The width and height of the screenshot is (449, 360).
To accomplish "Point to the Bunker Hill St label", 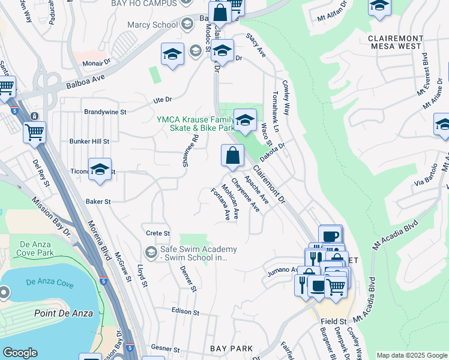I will point(89,142).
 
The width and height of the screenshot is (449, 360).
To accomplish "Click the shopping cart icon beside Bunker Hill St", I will point(34,131).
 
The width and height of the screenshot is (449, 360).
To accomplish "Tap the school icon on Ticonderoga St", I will point(100,169).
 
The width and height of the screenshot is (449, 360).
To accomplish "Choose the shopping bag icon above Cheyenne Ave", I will point(232,156).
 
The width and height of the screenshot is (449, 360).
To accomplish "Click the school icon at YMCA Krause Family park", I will point(244,120).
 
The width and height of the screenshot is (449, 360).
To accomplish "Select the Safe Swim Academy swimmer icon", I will point(150,251).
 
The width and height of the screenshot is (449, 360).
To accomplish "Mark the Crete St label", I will point(158,233).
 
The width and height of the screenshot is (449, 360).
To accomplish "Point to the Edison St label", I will point(185,312).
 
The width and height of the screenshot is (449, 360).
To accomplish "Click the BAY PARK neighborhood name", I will point(231,349).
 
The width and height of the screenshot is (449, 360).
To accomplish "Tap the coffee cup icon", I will point(330,235).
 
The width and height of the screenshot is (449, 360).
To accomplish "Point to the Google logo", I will point(20,353).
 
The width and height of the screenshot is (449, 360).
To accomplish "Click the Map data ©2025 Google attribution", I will point(412,355).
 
